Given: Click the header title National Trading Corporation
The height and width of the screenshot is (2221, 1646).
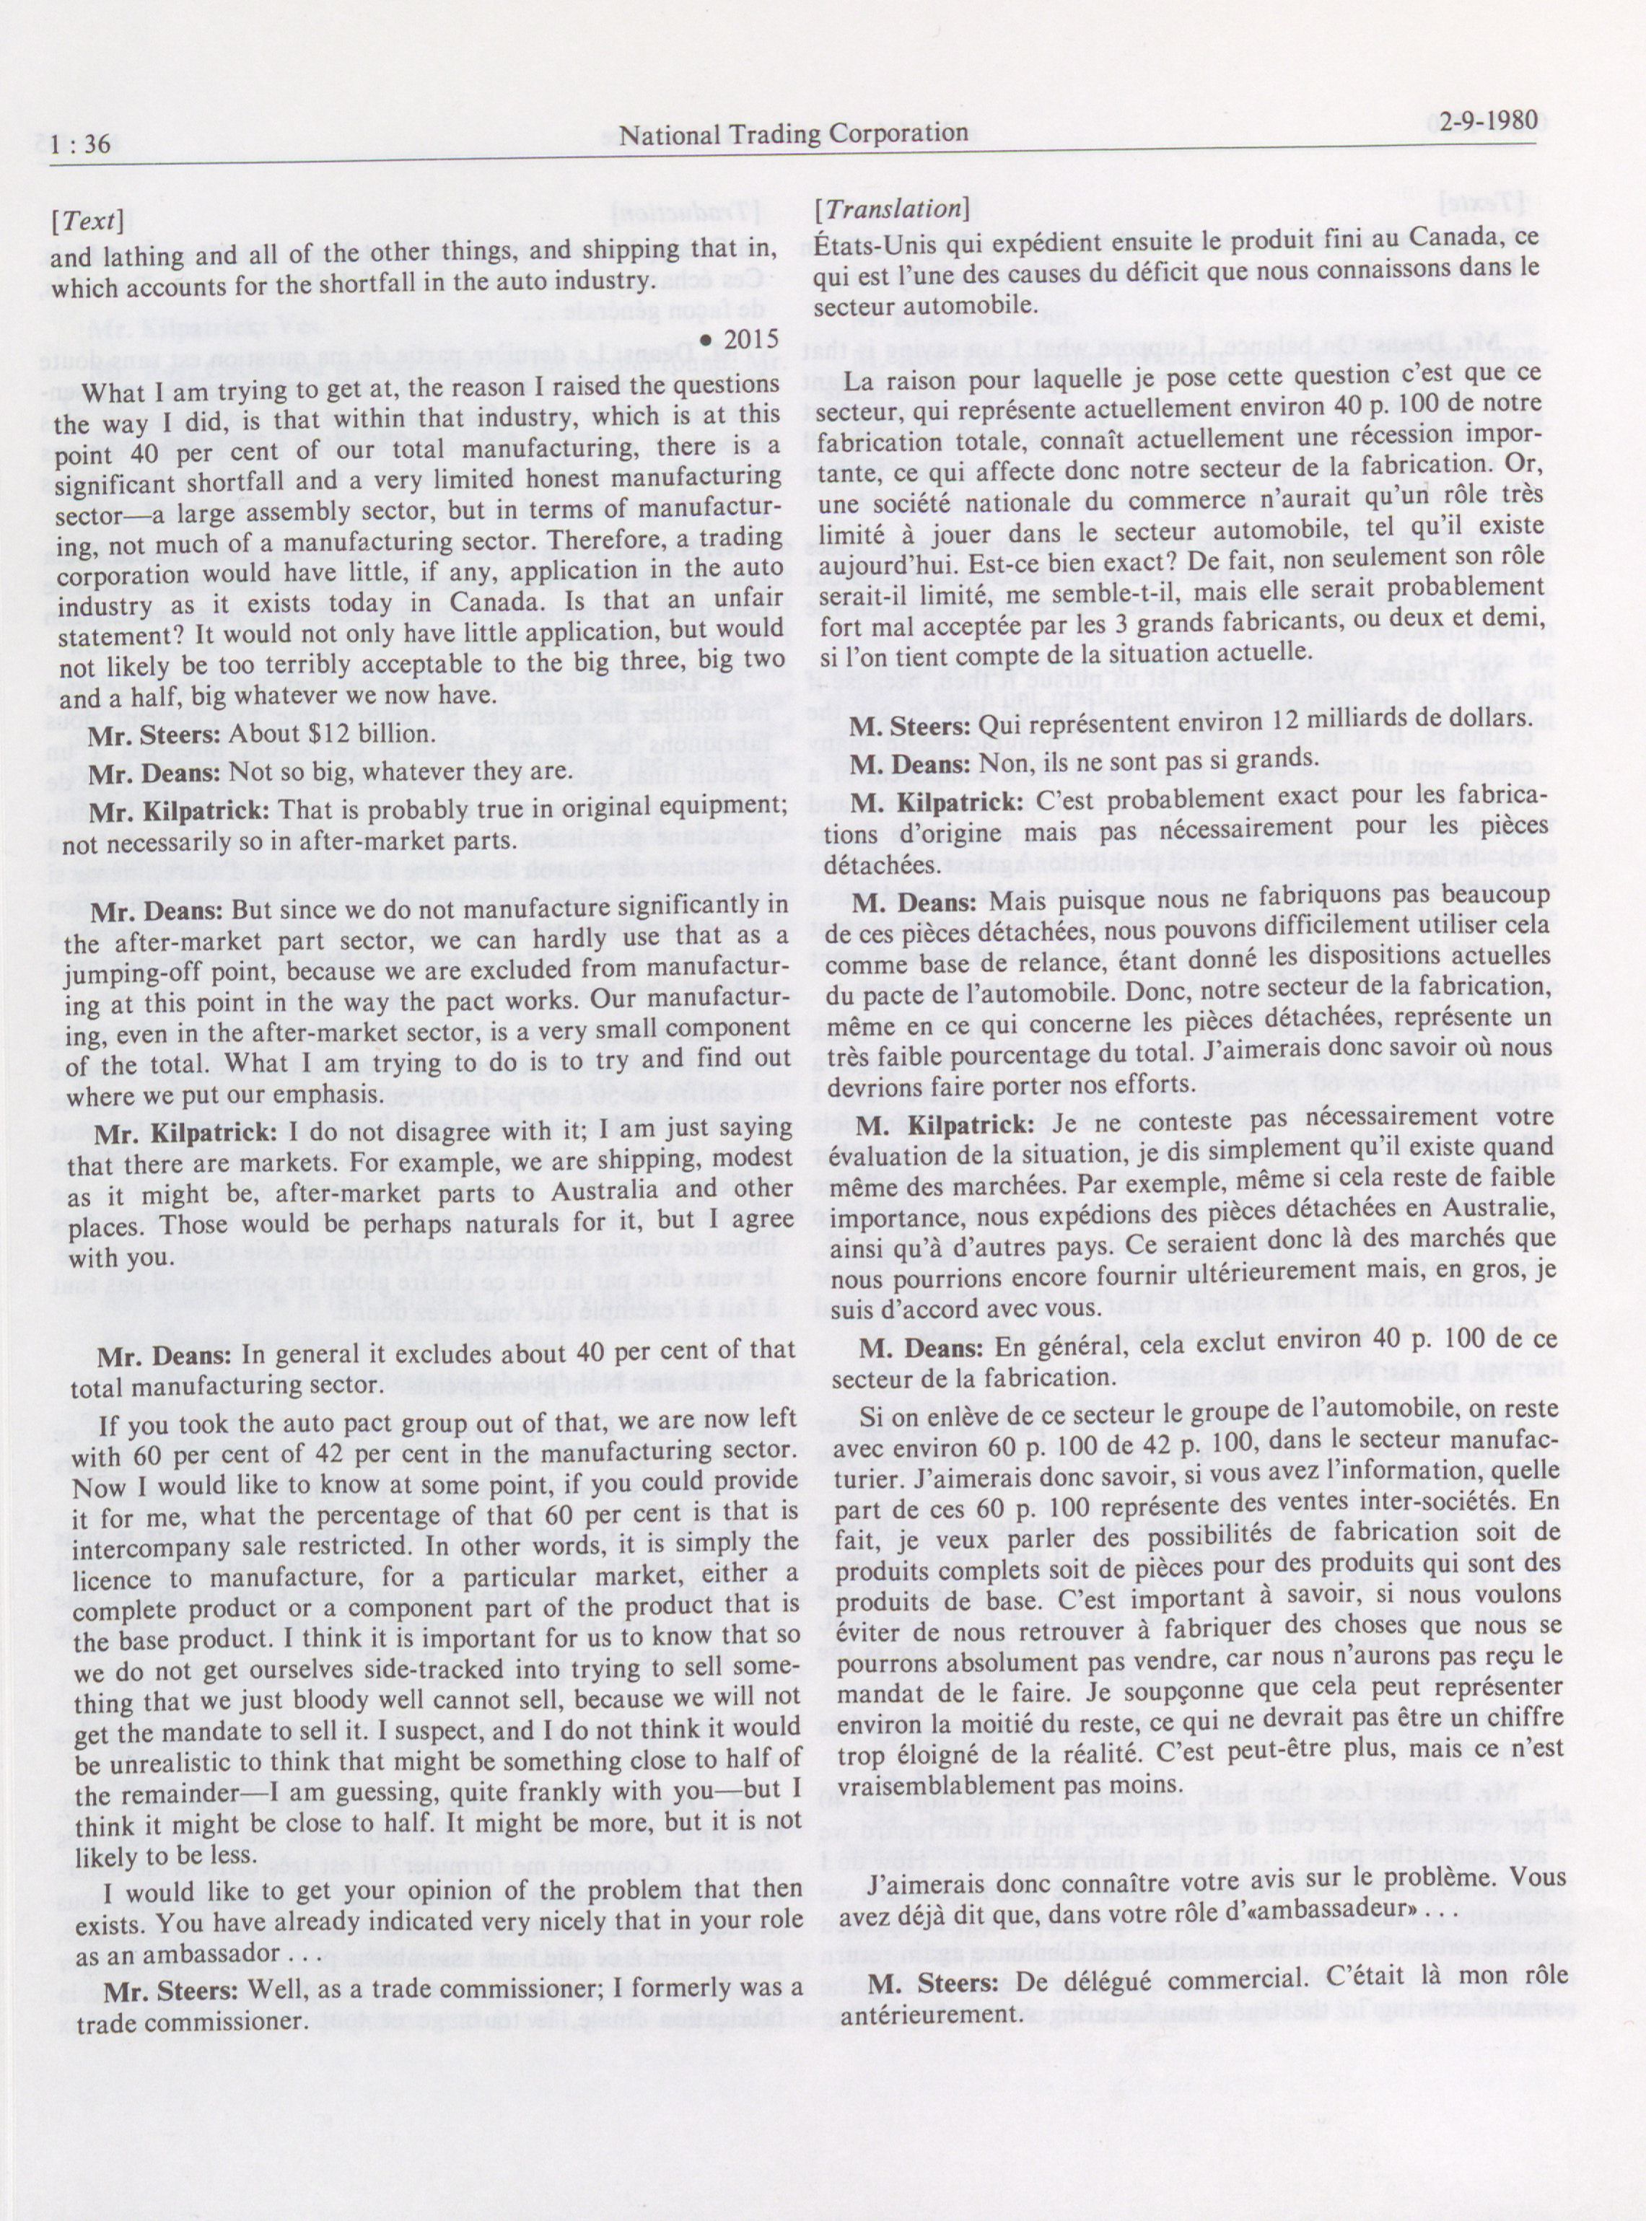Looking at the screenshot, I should click(x=792, y=133).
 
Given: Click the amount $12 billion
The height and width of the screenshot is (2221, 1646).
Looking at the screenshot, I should click(x=376, y=735).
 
